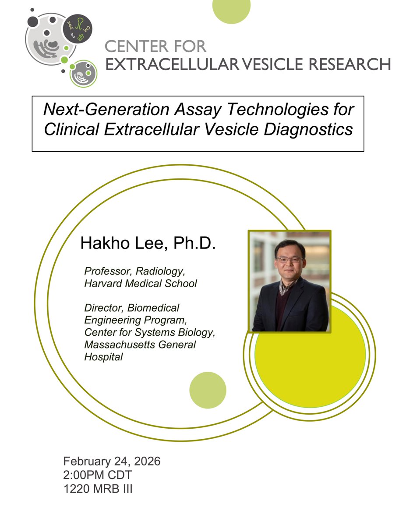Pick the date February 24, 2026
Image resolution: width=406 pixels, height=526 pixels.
pyautogui.click(x=112, y=461)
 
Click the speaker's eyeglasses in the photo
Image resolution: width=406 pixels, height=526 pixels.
pyautogui.click(x=289, y=259)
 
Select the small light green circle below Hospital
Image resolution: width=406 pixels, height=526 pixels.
pyautogui.click(x=208, y=390)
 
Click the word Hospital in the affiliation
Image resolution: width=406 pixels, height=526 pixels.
pyautogui.click(x=103, y=357)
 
